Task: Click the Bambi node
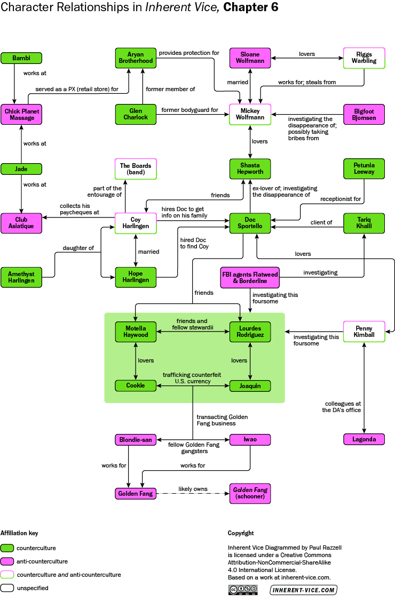pyautogui.click(x=21, y=58)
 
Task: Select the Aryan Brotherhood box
pyautogui.click(x=136, y=58)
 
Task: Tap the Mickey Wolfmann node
pyautogui.click(x=250, y=114)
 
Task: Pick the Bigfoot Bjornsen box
pyautogui.click(x=365, y=114)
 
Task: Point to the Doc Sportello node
pyautogui.click(x=250, y=223)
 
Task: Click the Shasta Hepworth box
pyautogui.click(x=250, y=168)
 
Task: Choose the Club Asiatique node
pyautogui.click(x=21, y=223)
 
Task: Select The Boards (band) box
pyautogui.click(x=136, y=168)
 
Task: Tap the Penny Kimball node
pyautogui.click(x=365, y=331)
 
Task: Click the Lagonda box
pyautogui.click(x=365, y=440)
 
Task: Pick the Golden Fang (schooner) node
pyautogui.click(x=250, y=494)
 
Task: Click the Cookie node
pyautogui.click(x=136, y=385)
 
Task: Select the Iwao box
pyautogui.click(x=250, y=440)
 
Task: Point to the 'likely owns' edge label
pyautogui.click(x=193, y=489)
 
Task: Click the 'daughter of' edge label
pyautogui.click(x=78, y=248)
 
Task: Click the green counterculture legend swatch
pyautogui.click(x=7, y=547)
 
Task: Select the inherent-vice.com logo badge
pyautogui.click(x=303, y=590)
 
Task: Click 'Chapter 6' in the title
pyautogui.click(x=251, y=7)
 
